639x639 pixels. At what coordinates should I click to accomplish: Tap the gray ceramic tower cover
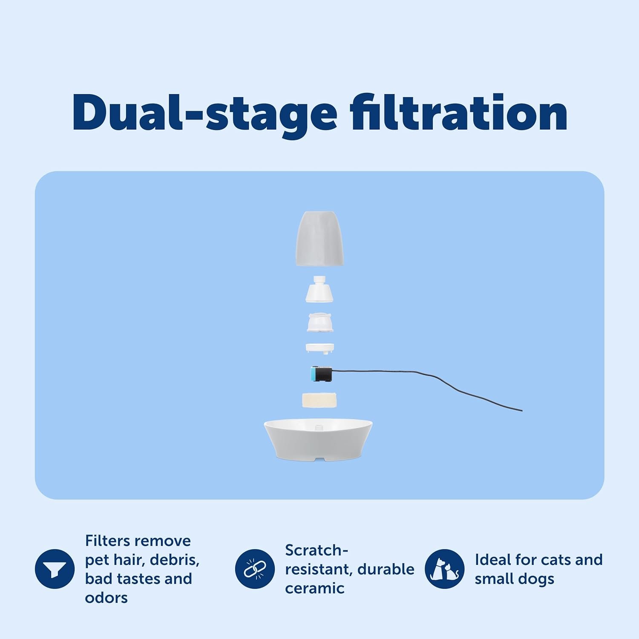pyautogui.click(x=319, y=239)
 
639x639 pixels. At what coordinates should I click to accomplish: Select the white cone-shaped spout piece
pyautogui.click(x=319, y=289)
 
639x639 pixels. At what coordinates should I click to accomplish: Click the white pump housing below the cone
pyautogui.click(x=320, y=322)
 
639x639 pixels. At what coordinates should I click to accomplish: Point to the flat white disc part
pyautogui.click(x=320, y=348)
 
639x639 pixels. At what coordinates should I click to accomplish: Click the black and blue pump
pyautogui.click(x=323, y=373)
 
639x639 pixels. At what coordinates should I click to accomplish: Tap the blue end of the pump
pyautogui.click(x=314, y=374)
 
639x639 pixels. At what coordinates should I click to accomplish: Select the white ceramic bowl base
pyautogui.click(x=318, y=441)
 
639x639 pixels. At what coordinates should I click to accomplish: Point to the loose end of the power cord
pyautogui.click(x=521, y=410)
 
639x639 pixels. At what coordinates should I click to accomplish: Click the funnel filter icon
pyautogui.click(x=55, y=569)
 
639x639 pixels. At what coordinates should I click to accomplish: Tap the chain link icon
pyautogui.click(x=255, y=569)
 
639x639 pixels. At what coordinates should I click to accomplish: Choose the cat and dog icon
pyautogui.click(x=445, y=569)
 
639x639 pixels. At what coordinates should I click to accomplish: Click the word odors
pyautogui.click(x=106, y=598)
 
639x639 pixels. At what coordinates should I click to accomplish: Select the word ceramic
pyautogui.click(x=315, y=588)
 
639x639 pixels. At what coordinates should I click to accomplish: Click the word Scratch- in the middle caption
pyautogui.click(x=317, y=550)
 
